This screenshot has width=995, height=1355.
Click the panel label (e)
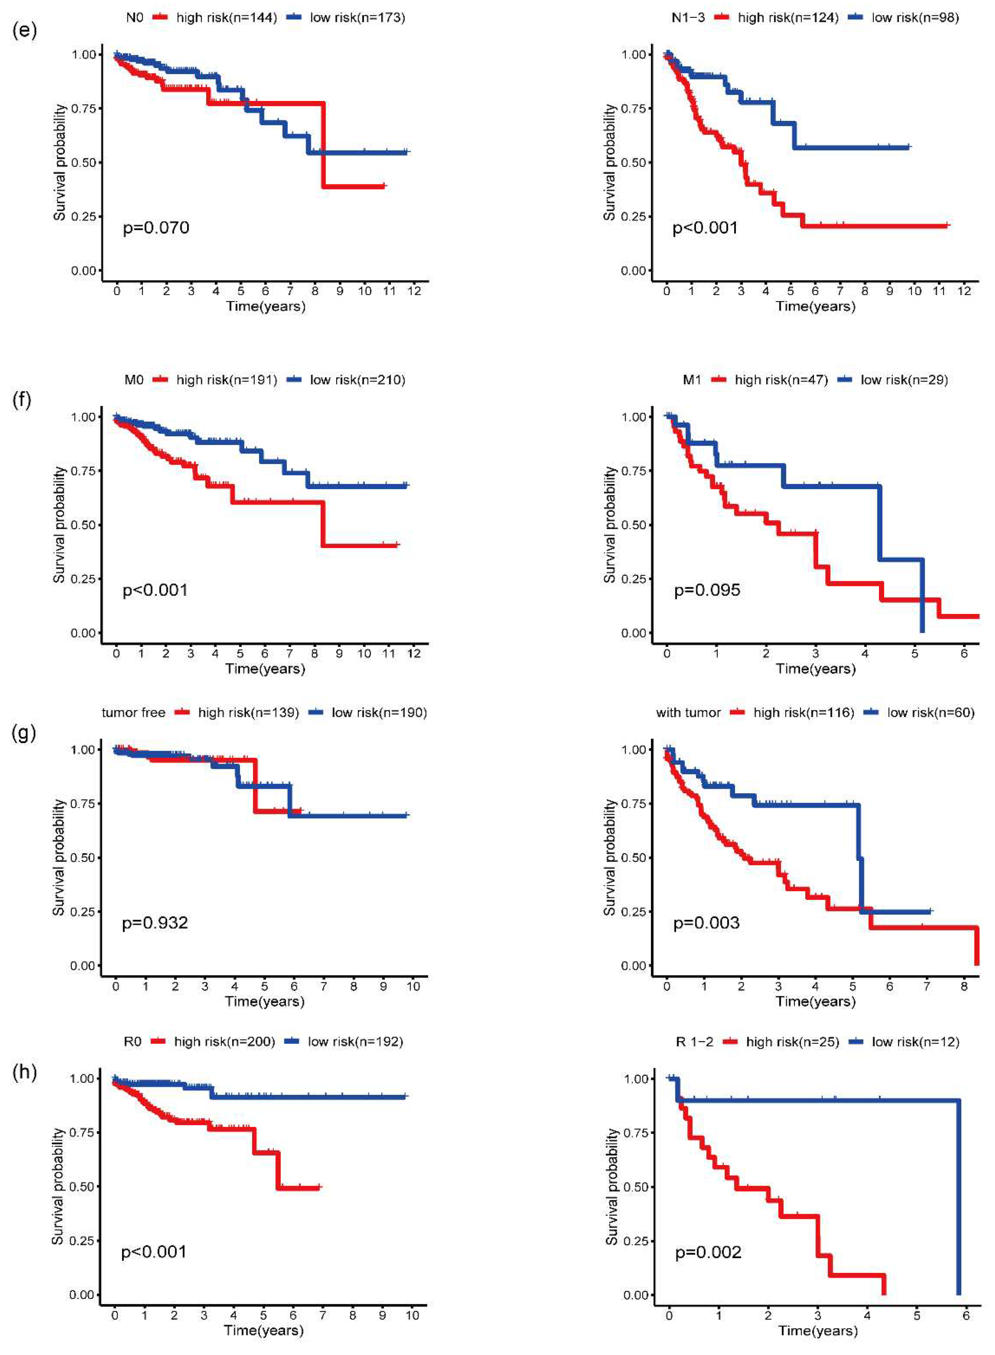tap(24, 30)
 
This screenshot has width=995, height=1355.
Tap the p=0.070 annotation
tap(156, 228)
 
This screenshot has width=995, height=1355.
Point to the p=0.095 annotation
tap(707, 590)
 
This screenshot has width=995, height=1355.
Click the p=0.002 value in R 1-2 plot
tap(708, 1253)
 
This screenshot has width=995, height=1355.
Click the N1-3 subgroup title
tap(688, 17)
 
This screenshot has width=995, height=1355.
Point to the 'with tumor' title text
tap(688, 713)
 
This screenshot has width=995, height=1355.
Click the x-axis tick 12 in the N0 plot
tap(414, 291)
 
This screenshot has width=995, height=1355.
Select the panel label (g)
tap(24, 733)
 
